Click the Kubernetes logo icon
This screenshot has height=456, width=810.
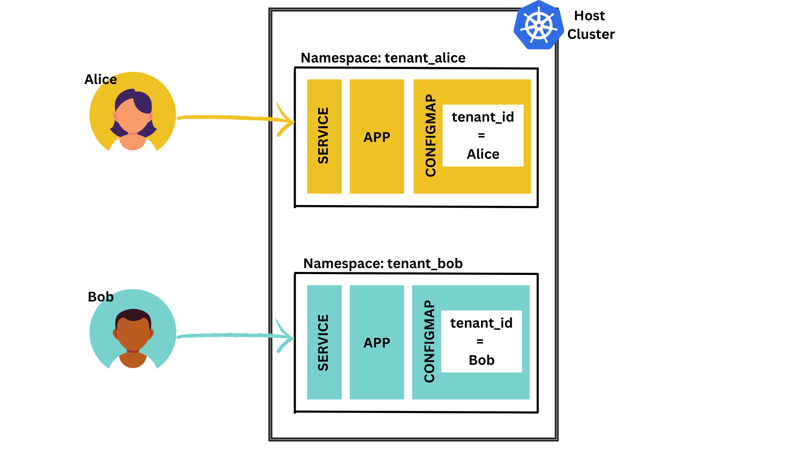(539, 25)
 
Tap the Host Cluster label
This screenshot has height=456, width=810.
(590, 25)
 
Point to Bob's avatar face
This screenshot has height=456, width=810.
(133, 331)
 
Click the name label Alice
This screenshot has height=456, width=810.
(100, 79)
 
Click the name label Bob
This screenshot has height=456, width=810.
(100, 297)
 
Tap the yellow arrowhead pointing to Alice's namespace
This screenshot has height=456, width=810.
(286, 121)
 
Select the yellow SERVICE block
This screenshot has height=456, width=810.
(324, 136)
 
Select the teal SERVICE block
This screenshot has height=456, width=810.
(324, 342)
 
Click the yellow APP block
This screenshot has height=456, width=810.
(377, 136)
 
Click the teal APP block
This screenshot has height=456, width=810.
(377, 342)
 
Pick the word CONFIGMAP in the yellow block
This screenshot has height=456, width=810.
(430, 136)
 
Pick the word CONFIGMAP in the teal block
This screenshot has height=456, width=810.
(429, 342)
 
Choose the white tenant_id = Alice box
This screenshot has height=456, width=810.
(483, 136)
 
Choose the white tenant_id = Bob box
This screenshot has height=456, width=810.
(481, 342)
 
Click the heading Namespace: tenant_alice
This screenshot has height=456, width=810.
(383, 58)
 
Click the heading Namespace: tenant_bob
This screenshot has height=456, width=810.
(383, 263)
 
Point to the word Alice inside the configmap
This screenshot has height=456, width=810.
(483, 154)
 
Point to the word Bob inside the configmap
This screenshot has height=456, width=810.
(481, 360)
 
